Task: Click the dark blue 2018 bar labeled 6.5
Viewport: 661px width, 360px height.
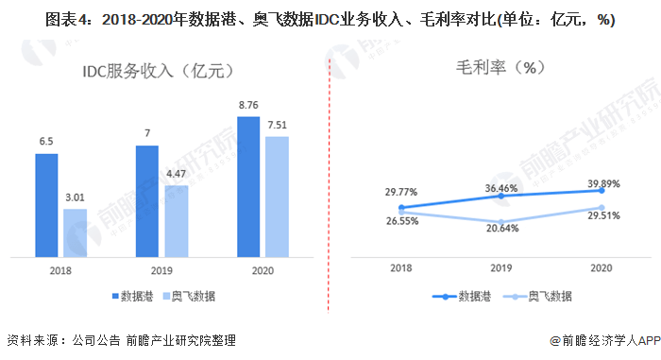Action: point(47,205)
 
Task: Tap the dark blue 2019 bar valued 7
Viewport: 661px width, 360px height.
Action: point(147,201)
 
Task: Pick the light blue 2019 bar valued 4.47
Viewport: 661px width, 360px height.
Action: point(177,221)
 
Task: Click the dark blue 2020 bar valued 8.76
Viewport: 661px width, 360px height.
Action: point(249,186)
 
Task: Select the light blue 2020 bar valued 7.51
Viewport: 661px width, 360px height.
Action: point(277,197)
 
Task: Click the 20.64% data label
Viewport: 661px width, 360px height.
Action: point(500,229)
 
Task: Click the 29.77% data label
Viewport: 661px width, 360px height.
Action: point(401,193)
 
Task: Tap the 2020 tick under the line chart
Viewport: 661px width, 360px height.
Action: point(600,268)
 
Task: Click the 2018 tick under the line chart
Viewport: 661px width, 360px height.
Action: point(401,268)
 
